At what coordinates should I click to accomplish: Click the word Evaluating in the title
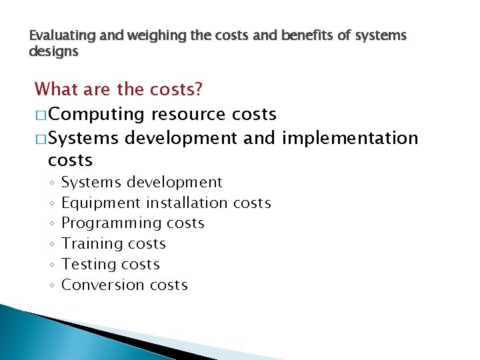pos(58,35)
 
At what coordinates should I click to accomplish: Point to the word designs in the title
pos(53,51)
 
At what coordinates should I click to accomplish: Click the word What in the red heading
pos(57,89)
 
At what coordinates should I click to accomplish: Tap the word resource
pos(189,115)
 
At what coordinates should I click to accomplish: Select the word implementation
pos(350,138)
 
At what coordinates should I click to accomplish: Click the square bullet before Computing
pos(41,115)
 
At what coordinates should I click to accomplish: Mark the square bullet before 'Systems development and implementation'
pos(41,139)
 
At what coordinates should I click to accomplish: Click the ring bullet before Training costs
pos(51,245)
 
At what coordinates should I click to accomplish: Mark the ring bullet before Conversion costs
pos(51,286)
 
